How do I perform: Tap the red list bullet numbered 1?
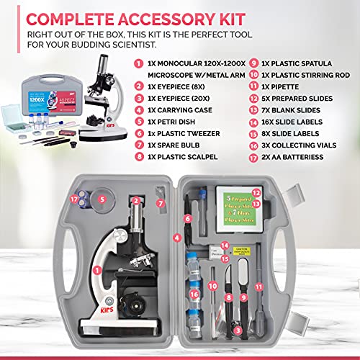[137, 63]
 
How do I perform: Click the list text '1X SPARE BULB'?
[176, 142]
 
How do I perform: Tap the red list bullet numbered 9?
[241, 63]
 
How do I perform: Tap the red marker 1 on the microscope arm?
[96, 269]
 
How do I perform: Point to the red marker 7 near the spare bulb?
[162, 202]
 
